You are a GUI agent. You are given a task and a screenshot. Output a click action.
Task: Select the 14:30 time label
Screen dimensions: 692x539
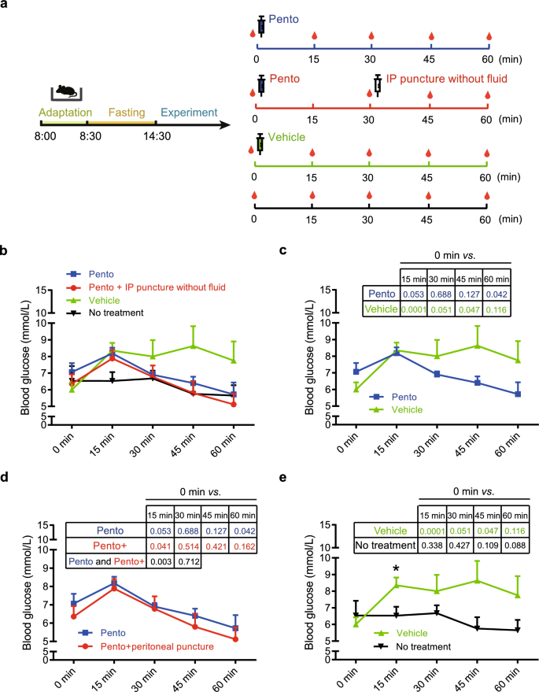point(156,136)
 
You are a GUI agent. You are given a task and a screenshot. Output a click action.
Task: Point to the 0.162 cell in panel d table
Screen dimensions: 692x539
point(246,546)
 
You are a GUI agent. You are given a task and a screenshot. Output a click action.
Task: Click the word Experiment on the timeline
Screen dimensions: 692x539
point(189,113)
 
